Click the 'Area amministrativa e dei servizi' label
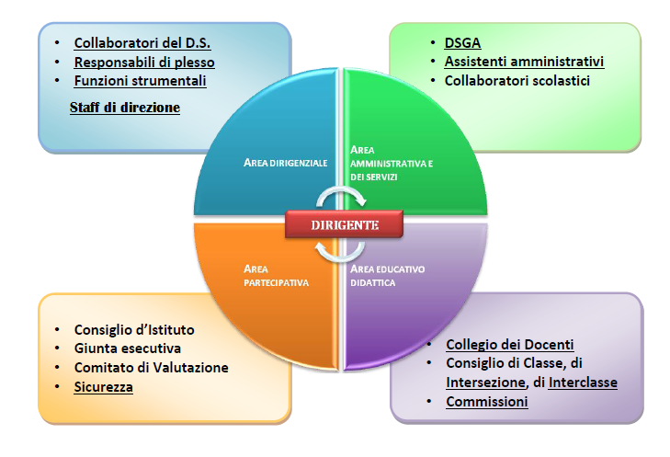point(391,161)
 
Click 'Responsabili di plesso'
point(144,63)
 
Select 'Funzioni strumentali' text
point(140,81)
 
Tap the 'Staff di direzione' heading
point(124,108)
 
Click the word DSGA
point(462,43)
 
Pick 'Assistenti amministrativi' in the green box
point(524,62)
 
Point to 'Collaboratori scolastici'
point(517,81)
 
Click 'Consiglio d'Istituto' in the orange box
point(134,329)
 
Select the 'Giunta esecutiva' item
point(128,348)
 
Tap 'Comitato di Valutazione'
point(152,368)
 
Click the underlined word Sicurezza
point(104,387)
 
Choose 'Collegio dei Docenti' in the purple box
point(510,345)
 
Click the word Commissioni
point(487,402)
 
